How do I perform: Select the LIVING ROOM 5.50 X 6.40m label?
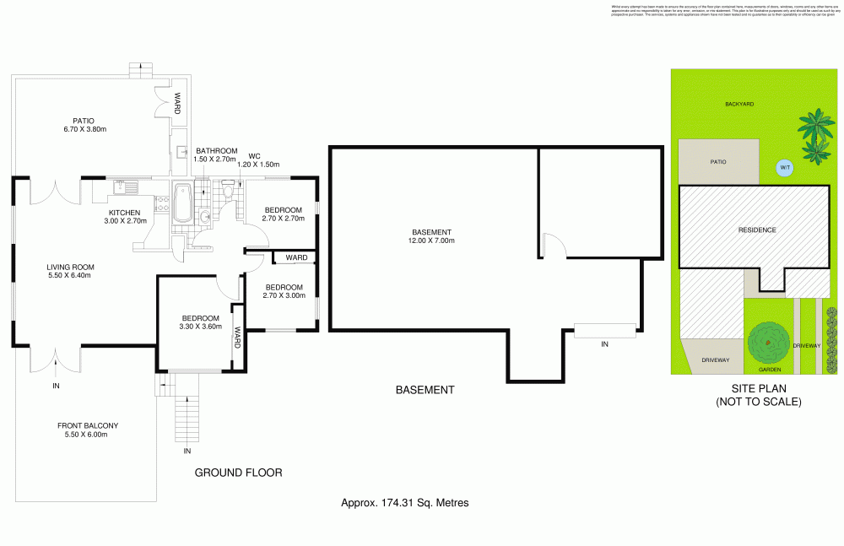[x=69, y=271]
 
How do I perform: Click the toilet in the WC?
[x=230, y=193]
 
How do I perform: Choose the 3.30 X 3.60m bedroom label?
[x=200, y=322]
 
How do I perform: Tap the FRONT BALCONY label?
[x=87, y=430]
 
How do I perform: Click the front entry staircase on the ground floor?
[x=187, y=418]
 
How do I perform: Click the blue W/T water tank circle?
[x=784, y=168]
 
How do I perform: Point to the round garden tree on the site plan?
[x=766, y=343]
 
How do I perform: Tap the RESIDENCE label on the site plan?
[x=756, y=230]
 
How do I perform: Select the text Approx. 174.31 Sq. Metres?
[x=404, y=502]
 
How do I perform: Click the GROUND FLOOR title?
[x=238, y=473]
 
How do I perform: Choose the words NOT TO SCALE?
[x=758, y=403]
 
